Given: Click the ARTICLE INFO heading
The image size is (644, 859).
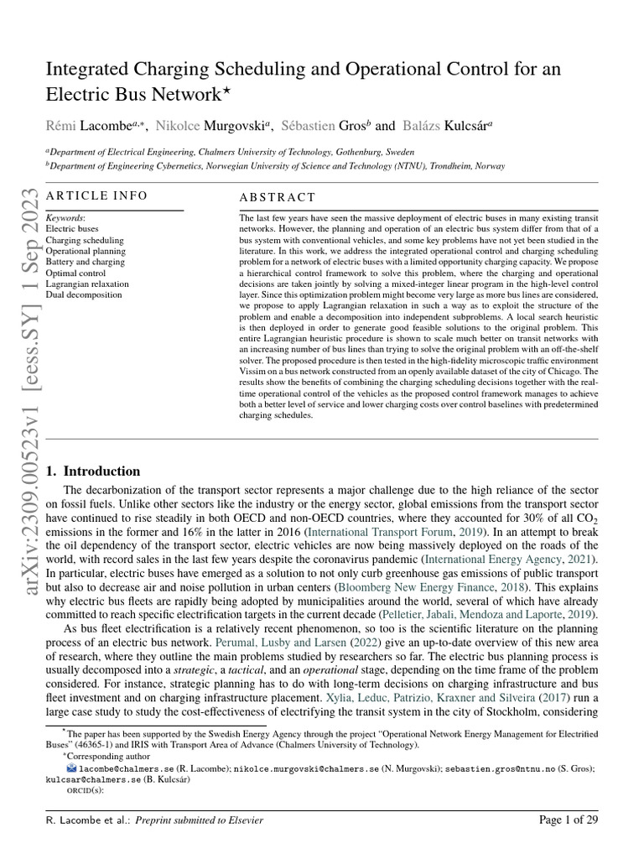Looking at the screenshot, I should (x=96, y=195).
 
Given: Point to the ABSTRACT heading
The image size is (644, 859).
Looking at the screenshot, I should (x=278, y=198).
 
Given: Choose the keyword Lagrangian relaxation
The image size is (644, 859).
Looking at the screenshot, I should (x=87, y=284).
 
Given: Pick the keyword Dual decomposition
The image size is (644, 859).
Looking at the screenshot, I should (x=84, y=294).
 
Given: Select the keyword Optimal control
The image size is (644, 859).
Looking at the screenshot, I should (x=76, y=273).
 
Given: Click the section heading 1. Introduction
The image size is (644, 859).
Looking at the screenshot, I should (x=93, y=471).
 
